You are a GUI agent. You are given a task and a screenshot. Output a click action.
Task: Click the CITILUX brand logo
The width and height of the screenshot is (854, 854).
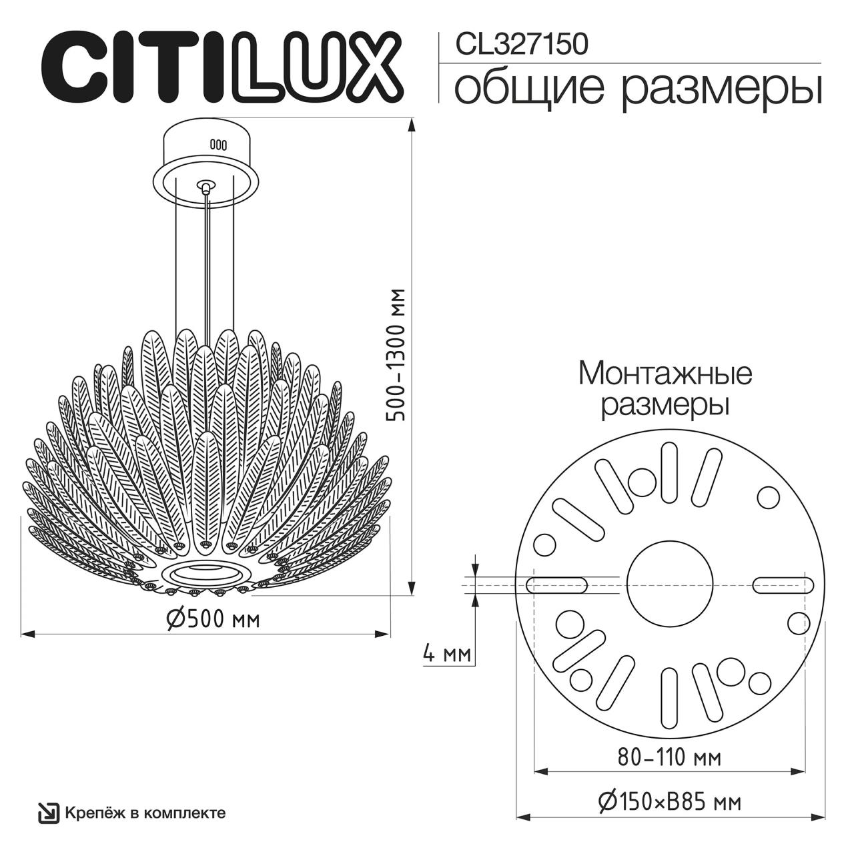[x=223, y=65]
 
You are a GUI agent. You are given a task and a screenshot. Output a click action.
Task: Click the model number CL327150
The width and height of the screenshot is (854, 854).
[x=521, y=45]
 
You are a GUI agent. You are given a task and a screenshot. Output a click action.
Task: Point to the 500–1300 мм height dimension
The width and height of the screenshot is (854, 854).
[x=397, y=355]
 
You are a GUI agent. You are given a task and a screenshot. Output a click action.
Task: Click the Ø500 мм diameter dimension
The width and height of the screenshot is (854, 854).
[x=212, y=619]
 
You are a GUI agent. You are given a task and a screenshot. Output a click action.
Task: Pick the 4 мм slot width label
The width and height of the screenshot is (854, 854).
[x=446, y=654]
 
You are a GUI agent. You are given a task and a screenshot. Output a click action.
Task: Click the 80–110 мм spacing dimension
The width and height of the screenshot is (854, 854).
[x=669, y=757]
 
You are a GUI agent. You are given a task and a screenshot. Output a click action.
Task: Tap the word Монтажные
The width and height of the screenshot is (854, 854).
[x=665, y=374]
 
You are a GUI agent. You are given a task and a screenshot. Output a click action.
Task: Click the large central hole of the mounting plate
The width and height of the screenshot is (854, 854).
[x=669, y=584]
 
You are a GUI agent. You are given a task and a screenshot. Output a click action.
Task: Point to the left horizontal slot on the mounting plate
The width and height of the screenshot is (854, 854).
[x=556, y=585]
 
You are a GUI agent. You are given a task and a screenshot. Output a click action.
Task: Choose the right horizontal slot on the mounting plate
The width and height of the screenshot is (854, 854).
[x=783, y=585]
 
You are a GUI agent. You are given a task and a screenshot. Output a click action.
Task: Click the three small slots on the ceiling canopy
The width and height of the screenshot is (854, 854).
[x=218, y=143]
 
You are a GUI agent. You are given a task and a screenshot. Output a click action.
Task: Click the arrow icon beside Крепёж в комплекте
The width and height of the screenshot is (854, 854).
[x=48, y=813]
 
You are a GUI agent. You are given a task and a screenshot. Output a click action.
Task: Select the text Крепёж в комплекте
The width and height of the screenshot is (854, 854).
[x=145, y=813]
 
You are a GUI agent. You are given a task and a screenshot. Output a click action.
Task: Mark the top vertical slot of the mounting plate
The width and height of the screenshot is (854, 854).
[x=669, y=472]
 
